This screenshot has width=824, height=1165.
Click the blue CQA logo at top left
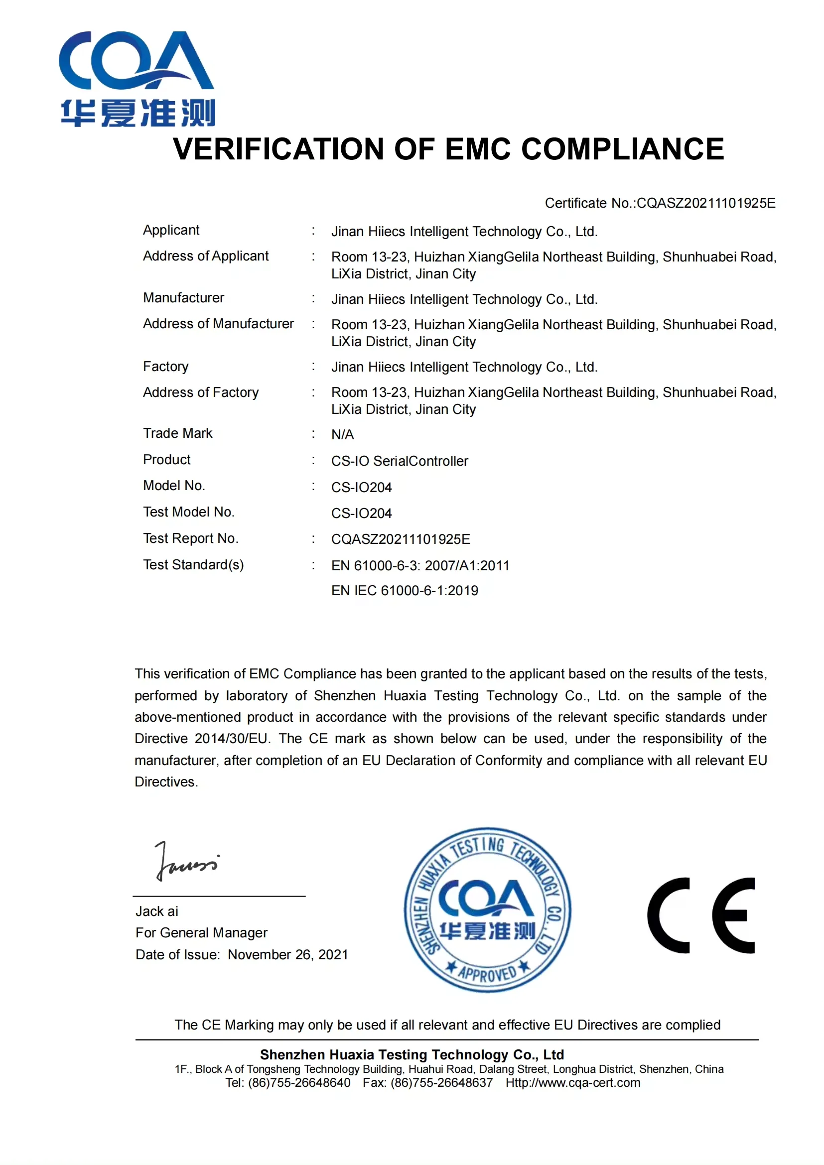[x=137, y=79]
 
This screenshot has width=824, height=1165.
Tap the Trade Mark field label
[x=177, y=433]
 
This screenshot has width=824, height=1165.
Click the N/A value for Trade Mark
[x=342, y=435]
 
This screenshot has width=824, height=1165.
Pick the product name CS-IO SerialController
[x=400, y=461]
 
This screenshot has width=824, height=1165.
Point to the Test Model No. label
[x=188, y=512]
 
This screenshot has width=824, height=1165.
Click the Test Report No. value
[x=401, y=539]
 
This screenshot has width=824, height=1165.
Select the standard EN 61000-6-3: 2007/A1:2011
[x=420, y=566]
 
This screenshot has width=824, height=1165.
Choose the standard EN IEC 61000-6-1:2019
[x=405, y=591]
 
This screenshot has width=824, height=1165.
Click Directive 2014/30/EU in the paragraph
[x=201, y=739]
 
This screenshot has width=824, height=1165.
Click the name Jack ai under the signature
[x=157, y=912]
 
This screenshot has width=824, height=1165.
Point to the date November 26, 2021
[x=287, y=955]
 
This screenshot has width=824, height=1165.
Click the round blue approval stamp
[x=487, y=911]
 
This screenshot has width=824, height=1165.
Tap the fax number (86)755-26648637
[x=441, y=1083]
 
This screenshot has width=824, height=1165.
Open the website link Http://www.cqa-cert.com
[x=573, y=1083]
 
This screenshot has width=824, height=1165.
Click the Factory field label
[x=165, y=367]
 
